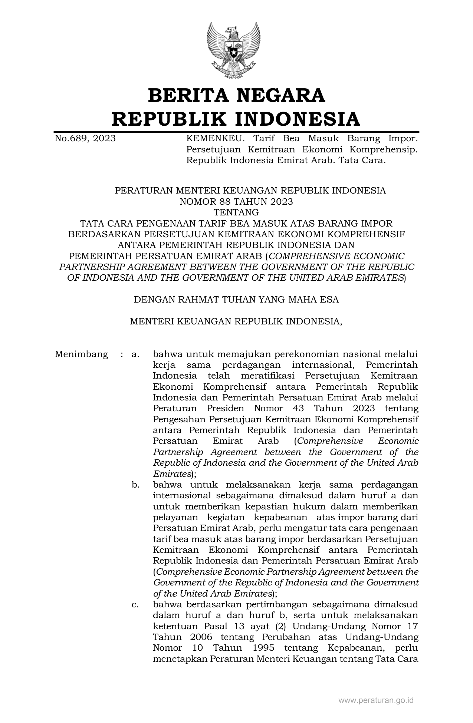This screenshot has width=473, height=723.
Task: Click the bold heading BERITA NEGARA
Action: tap(236, 95)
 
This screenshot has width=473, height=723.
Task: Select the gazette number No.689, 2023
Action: tap(85, 139)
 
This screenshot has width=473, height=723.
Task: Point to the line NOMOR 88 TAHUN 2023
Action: tap(236, 202)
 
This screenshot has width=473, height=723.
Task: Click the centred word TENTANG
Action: tap(236, 212)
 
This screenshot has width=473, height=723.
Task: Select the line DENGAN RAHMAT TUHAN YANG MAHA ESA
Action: tap(236, 300)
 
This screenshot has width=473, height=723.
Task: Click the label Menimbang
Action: tap(81, 354)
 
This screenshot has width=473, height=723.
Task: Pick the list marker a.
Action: tap(135, 354)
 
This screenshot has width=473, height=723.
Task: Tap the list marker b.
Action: tap(135, 485)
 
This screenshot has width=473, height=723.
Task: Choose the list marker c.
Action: tap(135, 605)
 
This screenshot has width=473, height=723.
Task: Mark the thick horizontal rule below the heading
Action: tap(236, 132)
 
